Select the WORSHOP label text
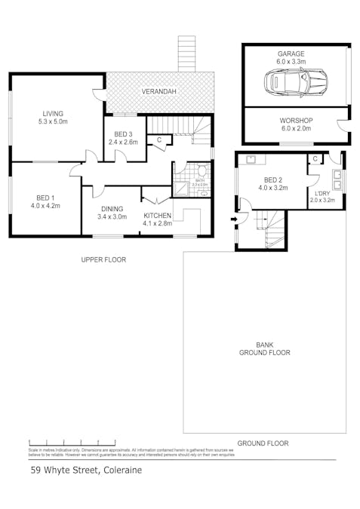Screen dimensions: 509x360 coord(296,121)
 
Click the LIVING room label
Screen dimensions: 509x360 coord(54,112)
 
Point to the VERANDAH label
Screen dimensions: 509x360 coord(159,92)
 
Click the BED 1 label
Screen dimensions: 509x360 coord(44,197)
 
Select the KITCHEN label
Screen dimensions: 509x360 coord(158,216)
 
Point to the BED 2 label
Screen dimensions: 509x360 coord(273,180)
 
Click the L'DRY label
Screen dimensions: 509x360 coord(322,194)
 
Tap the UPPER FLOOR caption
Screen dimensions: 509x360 coord(103,259)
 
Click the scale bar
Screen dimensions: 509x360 coord(72,441)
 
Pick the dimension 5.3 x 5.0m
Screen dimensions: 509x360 coord(54,121)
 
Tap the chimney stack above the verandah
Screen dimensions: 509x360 coord(186,54)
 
